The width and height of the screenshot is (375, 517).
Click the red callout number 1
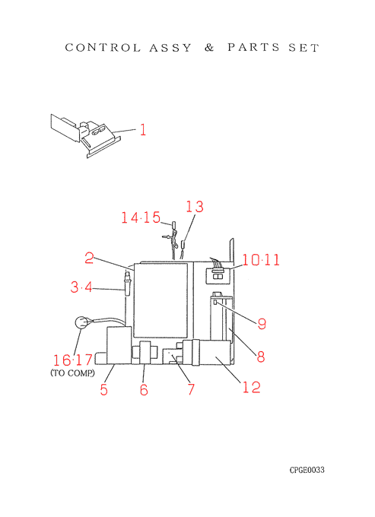(143, 130)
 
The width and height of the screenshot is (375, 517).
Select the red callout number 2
(89, 258)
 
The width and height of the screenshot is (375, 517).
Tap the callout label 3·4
(81, 287)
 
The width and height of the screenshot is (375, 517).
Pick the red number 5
(104, 390)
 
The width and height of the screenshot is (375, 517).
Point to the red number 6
(144, 390)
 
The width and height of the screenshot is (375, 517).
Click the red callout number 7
(191, 389)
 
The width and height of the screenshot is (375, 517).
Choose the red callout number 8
(261, 357)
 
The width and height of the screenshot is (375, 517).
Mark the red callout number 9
(262, 324)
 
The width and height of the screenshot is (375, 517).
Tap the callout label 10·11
(261, 260)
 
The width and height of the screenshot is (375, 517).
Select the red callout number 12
(252, 387)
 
